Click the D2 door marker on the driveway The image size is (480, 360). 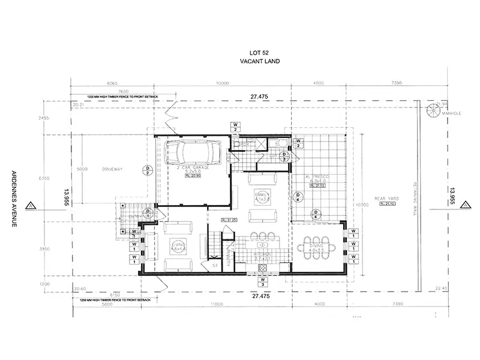click(148, 170)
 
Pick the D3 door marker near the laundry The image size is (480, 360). click(285, 157)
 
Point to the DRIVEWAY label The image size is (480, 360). click(112, 169)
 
